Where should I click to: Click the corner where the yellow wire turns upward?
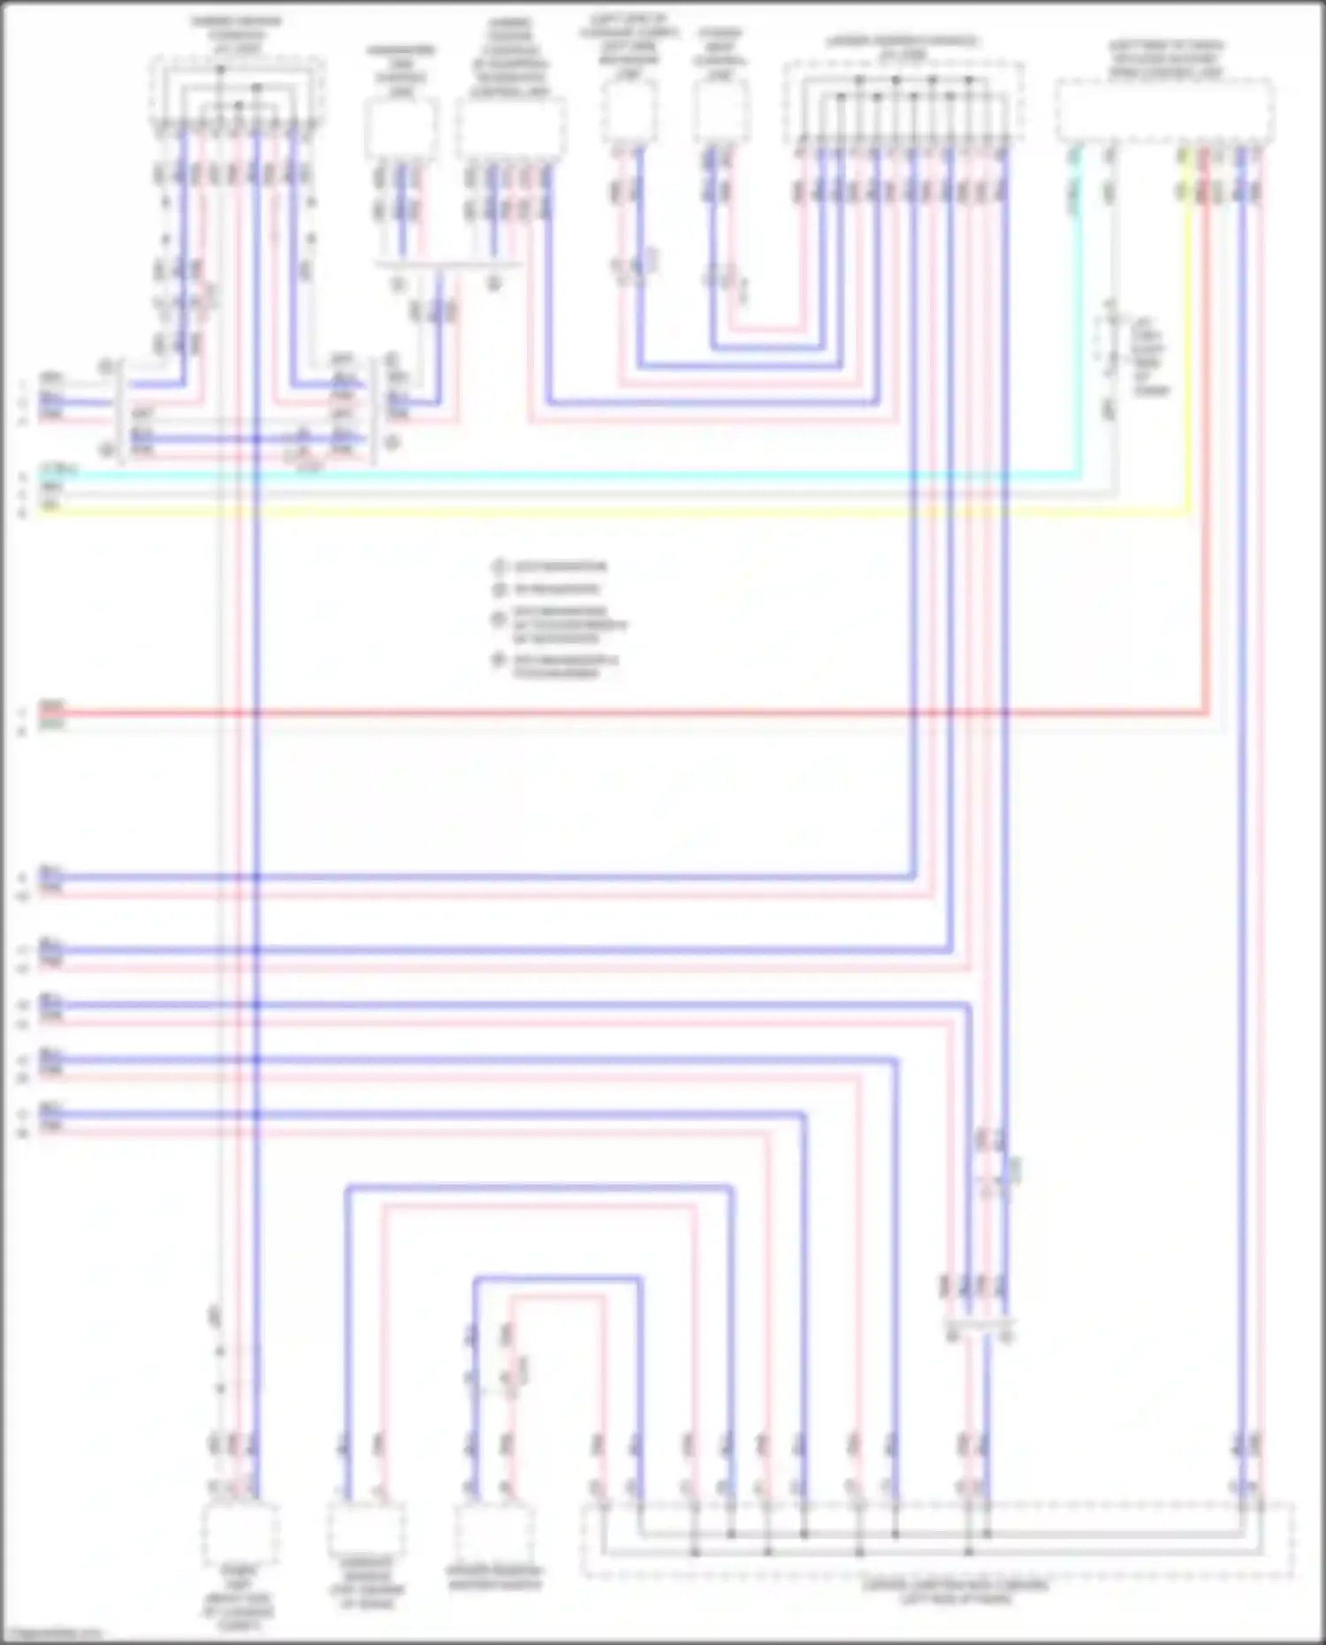[x=1187, y=512]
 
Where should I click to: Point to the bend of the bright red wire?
[x=1206, y=712]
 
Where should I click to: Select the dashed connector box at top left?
[x=237, y=93]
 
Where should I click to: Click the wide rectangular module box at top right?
[x=1165, y=110]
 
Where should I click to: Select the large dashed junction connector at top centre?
[x=903, y=102]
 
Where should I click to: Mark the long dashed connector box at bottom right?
[x=937, y=1539]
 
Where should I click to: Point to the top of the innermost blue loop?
[x=557, y=1278]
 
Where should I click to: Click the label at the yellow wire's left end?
[x=51, y=506]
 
